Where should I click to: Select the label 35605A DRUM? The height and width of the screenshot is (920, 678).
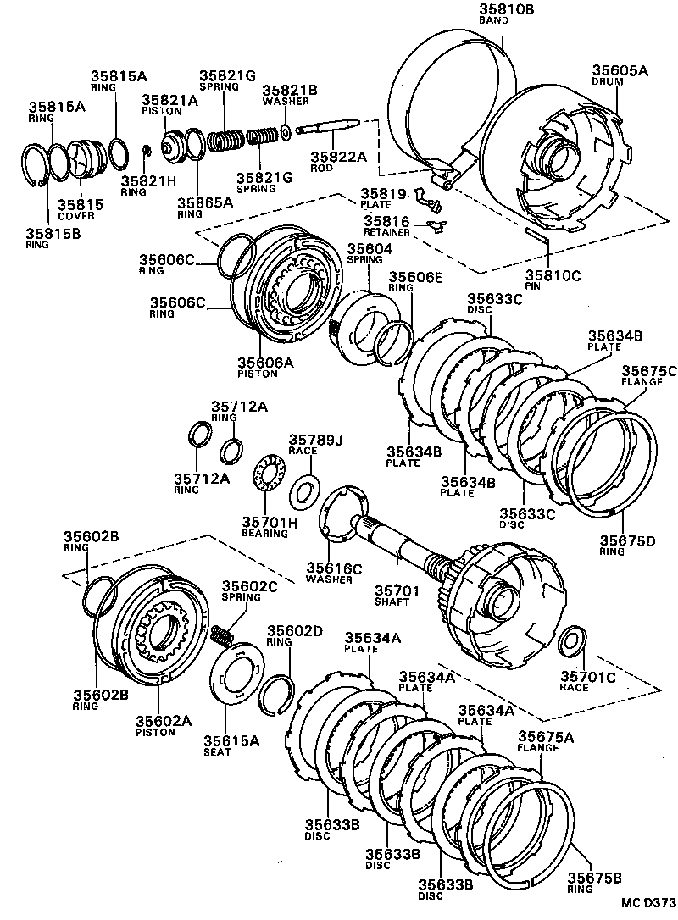[620, 77]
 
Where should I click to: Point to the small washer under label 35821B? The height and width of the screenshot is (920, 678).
[286, 132]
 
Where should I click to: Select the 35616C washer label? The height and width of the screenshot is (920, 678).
[334, 574]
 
